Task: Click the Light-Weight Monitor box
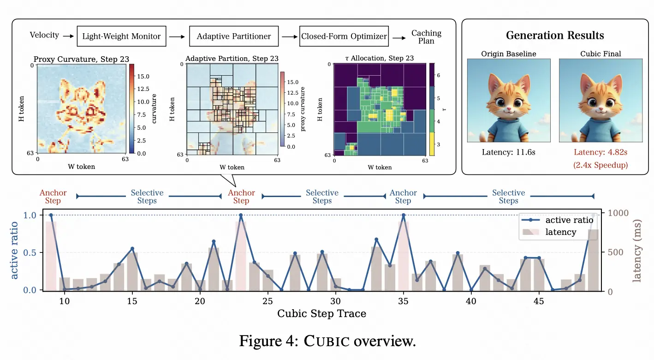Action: (121, 36)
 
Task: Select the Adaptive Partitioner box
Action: (234, 36)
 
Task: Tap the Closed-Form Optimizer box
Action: (344, 36)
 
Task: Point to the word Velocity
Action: (44, 35)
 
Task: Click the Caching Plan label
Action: (426, 37)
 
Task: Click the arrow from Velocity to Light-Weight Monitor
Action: (69, 36)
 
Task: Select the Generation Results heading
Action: (555, 36)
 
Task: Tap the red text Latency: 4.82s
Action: (600, 152)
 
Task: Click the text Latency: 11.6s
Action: (509, 152)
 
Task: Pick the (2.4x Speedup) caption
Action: (600, 165)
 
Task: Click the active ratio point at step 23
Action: (241, 216)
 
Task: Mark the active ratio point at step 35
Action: (404, 216)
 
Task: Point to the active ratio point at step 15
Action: (132, 249)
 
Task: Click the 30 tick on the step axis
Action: (335, 301)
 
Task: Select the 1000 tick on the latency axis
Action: (618, 213)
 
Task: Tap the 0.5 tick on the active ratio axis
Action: (30, 252)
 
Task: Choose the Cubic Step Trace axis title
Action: (321, 313)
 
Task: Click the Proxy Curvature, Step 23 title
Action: (81, 60)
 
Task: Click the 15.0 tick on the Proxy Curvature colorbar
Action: (143, 77)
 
